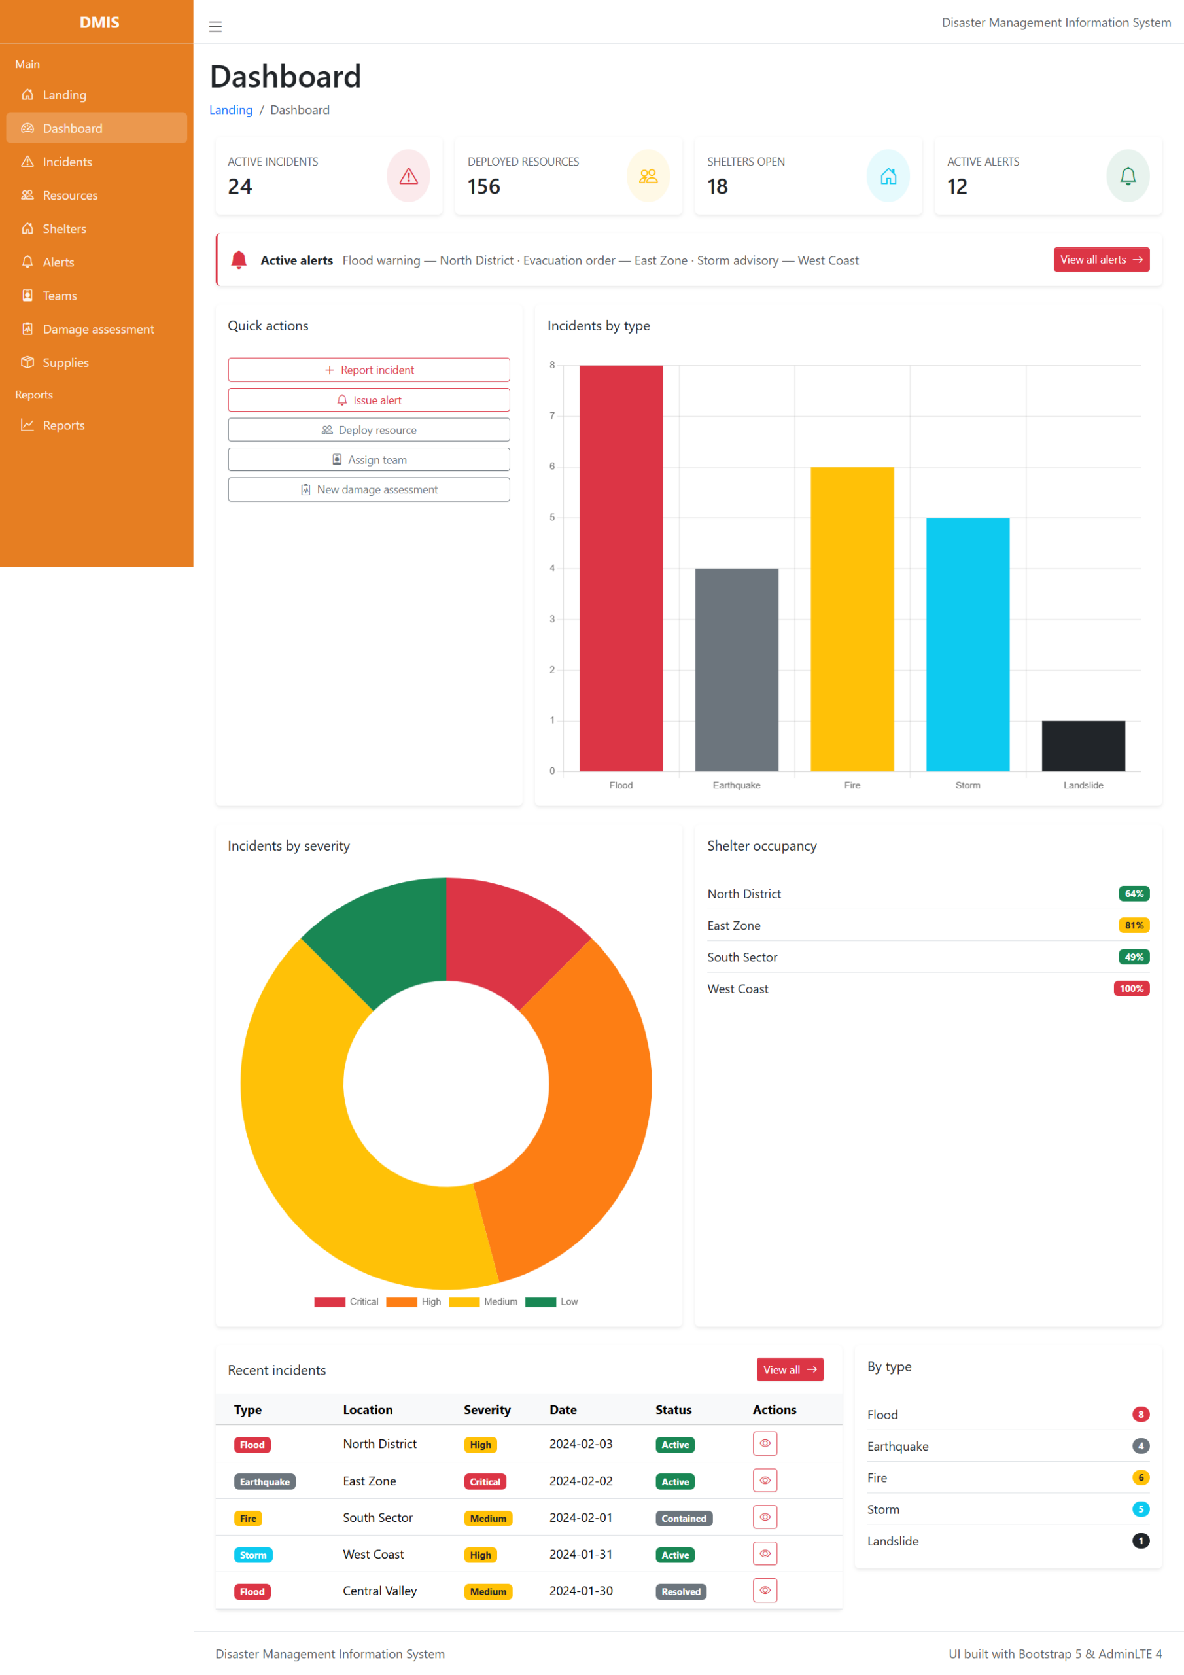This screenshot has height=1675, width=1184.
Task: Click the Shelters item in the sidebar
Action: point(64,229)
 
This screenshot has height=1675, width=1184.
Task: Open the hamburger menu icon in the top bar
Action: point(215,27)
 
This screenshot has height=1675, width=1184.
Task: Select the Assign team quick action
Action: point(369,459)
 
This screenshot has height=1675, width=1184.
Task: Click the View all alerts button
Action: point(1100,260)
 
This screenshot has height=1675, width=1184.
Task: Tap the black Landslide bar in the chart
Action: point(1083,746)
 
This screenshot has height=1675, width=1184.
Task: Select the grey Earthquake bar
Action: point(736,670)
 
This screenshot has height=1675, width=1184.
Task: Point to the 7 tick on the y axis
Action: point(552,416)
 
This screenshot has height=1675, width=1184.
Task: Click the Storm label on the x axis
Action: point(967,785)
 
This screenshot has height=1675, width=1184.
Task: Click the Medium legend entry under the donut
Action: point(500,1301)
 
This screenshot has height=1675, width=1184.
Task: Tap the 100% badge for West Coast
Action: point(1131,989)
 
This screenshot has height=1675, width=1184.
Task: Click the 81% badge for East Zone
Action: point(1134,925)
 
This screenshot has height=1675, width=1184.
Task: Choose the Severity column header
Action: point(487,1409)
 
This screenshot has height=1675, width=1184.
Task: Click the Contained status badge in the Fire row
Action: point(684,1518)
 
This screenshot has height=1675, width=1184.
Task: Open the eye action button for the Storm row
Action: point(765,1553)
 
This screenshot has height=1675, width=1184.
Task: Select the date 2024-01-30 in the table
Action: point(581,1591)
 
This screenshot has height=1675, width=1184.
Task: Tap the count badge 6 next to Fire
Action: point(1140,1477)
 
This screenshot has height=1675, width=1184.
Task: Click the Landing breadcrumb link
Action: point(230,110)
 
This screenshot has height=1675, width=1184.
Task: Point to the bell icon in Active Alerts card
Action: point(1127,176)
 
